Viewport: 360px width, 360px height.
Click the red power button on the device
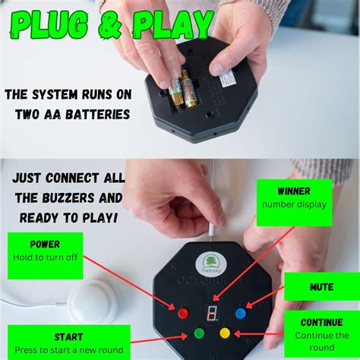tap(182, 312)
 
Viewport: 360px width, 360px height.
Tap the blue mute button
tap(240, 311)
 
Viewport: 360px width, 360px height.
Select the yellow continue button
tap(224, 332)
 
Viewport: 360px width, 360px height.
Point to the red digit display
tap(212, 313)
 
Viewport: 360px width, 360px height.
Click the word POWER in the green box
tap(45, 245)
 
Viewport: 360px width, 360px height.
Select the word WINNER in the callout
tap(293, 191)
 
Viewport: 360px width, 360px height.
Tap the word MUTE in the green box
tap(322, 287)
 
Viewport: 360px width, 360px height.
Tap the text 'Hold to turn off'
tap(45, 257)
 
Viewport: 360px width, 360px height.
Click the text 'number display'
tap(293, 204)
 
